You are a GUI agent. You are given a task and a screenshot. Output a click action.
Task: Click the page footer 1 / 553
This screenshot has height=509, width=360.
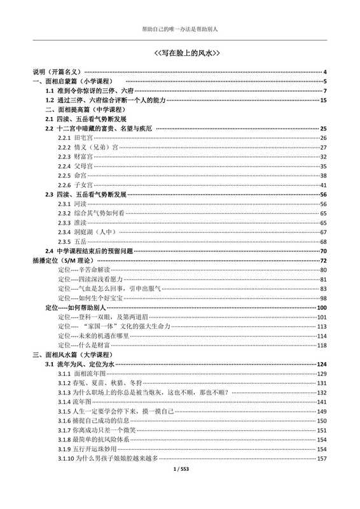[179, 487]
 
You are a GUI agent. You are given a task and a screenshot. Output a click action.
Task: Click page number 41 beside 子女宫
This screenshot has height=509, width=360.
[323, 185]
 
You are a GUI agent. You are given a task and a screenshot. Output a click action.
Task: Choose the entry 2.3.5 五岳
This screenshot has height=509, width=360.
[72, 242]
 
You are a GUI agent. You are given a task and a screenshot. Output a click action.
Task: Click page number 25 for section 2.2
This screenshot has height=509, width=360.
[323, 129]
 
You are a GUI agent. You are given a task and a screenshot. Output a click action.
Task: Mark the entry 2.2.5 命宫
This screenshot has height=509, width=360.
[72, 175]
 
